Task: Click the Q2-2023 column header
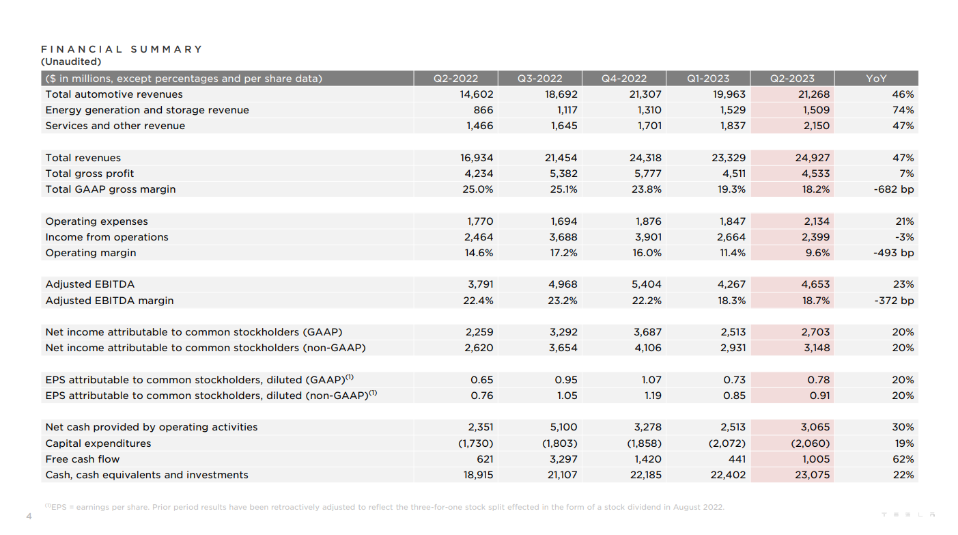(x=792, y=79)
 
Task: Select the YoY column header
(x=876, y=79)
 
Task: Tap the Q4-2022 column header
(x=624, y=79)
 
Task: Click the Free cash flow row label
(x=83, y=459)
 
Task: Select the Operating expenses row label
(x=96, y=221)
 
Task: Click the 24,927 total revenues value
(x=813, y=158)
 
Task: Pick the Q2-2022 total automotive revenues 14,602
(x=477, y=94)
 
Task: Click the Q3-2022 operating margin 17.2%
(x=563, y=253)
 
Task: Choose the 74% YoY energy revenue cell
(x=903, y=110)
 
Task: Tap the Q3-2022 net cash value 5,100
(x=563, y=427)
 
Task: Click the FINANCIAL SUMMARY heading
(x=122, y=49)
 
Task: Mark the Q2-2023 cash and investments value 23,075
(x=813, y=475)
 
